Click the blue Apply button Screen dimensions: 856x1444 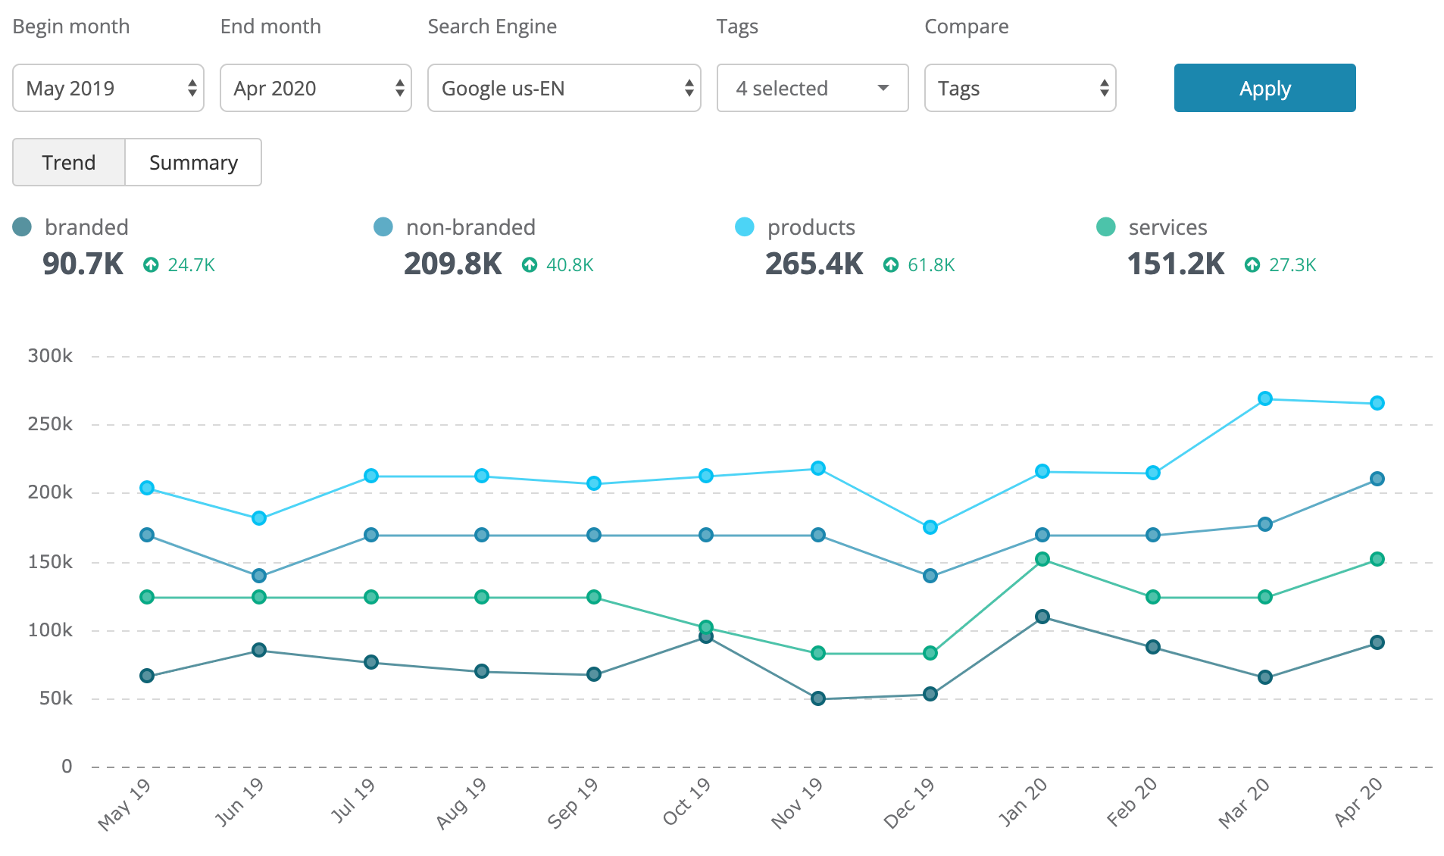click(1264, 88)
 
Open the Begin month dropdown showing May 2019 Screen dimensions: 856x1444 click(108, 88)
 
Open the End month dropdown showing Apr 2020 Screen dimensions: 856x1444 click(316, 88)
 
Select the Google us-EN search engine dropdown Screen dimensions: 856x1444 click(564, 88)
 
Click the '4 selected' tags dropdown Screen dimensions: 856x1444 click(812, 88)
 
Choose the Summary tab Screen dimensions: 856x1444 click(193, 162)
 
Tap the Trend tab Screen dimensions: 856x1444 click(69, 162)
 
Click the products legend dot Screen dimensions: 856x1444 click(745, 227)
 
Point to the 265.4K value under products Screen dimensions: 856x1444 click(814, 264)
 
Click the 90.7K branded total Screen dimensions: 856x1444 click(83, 264)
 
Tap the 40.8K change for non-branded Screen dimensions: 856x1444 click(569, 264)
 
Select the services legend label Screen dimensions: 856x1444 click(1167, 227)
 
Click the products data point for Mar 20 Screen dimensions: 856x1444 click(1264, 398)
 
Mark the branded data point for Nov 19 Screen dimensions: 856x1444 click(818, 698)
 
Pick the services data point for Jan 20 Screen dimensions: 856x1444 click(1042, 559)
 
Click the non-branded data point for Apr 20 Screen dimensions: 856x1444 click(1377, 479)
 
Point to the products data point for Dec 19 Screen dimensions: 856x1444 click(930, 527)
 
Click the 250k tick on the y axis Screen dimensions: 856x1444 click(50, 423)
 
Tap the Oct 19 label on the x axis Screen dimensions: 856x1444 click(686, 801)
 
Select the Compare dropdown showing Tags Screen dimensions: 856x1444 click(1020, 88)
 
